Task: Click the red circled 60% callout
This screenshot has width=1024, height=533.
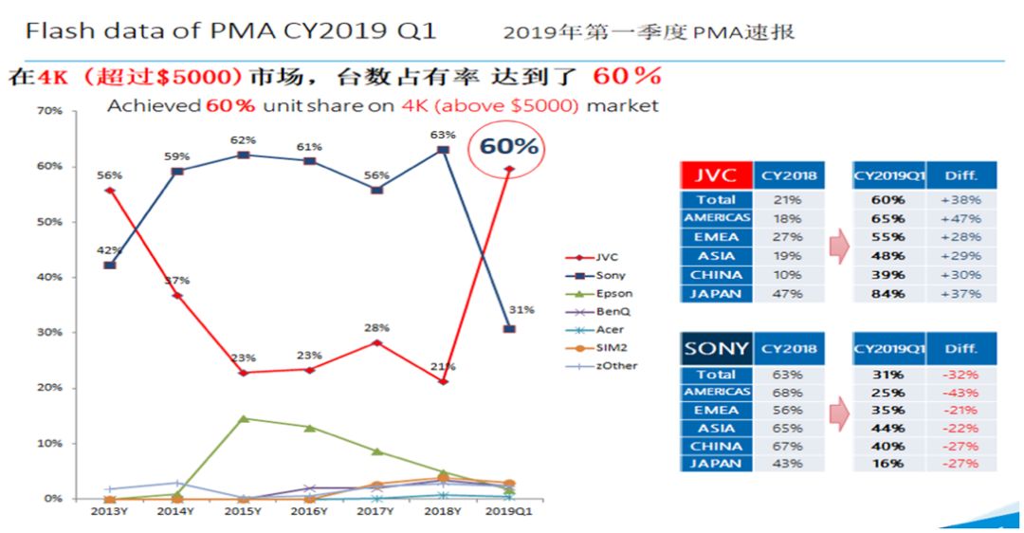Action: coord(508,146)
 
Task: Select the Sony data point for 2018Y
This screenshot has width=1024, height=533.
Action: coord(442,150)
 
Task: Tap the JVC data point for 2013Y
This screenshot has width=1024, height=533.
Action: coord(110,191)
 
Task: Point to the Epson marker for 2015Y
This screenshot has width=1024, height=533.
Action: coord(244,418)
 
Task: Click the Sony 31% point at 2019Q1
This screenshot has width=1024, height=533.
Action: coord(509,329)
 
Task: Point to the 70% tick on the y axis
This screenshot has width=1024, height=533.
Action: coord(50,111)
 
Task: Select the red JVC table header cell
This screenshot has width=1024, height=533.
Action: coord(717,175)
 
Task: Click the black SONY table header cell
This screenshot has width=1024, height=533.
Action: coord(717,348)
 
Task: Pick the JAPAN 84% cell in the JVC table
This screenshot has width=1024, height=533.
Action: coord(887,294)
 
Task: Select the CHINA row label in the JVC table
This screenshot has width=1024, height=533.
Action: coord(717,275)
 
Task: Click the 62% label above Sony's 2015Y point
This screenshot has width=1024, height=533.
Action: coord(244,139)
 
